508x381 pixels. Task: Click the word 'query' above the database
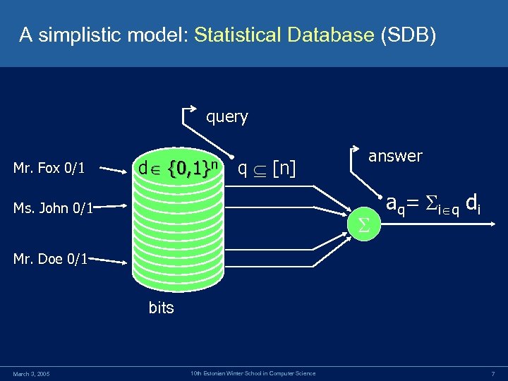[x=226, y=116]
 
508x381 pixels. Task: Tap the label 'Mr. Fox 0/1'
[x=49, y=168]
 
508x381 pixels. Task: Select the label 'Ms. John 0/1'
[x=54, y=207]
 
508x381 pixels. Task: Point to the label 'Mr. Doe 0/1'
[x=50, y=258]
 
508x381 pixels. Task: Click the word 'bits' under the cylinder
[x=161, y=308]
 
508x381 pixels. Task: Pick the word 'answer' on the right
[x=395, y=156]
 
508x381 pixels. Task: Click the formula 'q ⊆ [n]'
[x=267, y=168]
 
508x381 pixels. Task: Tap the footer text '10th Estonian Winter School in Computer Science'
[x=253, y=373]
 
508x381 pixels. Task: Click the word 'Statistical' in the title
[x=237, y=34]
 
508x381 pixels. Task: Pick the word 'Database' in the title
[x=330, y=34]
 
